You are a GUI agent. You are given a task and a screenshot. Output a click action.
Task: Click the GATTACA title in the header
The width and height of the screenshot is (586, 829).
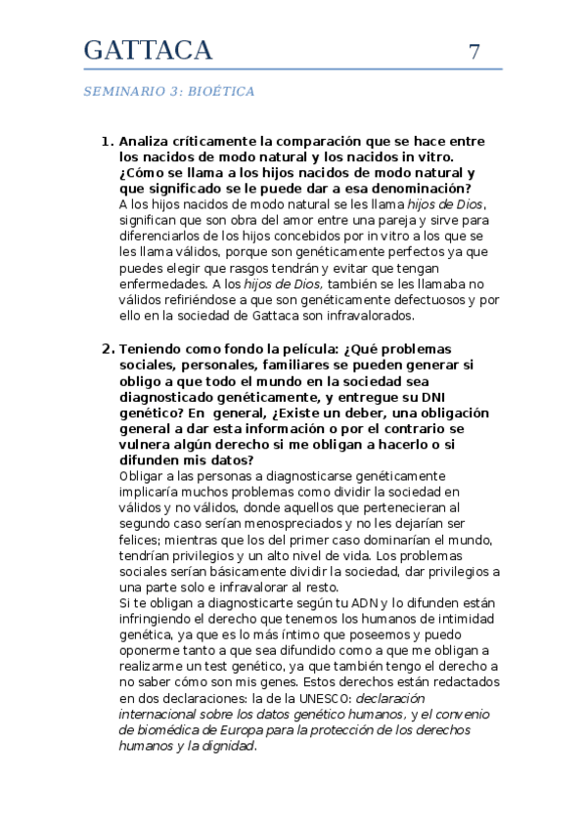tap(148, 51)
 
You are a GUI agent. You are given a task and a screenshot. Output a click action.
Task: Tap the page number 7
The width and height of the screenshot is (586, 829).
tap(474, 53)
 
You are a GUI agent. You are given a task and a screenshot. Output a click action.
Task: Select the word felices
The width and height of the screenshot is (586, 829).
tap(138, 539)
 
